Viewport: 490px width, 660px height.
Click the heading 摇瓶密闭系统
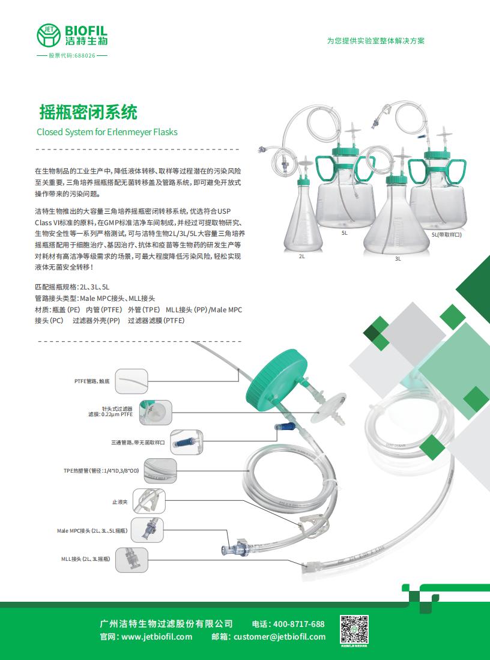[x=88, y=112]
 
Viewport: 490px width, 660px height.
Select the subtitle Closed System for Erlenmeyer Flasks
[x=107, y=132]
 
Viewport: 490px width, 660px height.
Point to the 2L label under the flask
[x=302, y=256]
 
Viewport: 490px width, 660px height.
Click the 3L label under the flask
[x=398, y=259]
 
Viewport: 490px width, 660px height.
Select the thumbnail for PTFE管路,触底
[x=131, y=381]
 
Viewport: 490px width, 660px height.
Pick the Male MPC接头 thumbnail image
[x=147, y=530]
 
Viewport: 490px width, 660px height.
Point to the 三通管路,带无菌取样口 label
[x=138, y=442]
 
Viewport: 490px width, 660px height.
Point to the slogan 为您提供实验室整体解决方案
[x=375, y=41]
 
